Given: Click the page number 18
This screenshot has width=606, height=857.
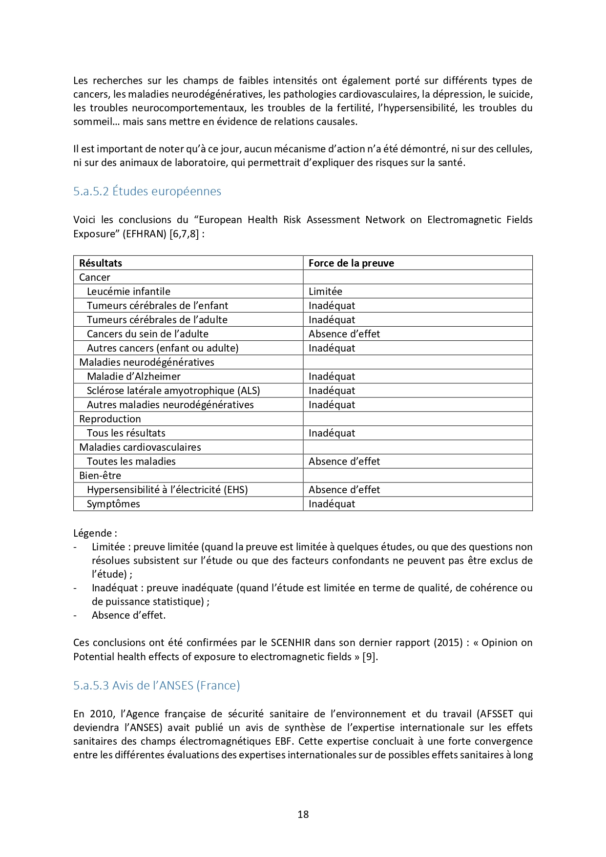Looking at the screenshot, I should (303, 814).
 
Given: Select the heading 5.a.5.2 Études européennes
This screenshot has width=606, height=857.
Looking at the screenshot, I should (147, 191).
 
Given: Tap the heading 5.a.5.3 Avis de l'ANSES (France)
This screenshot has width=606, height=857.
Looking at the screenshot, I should (156, 685).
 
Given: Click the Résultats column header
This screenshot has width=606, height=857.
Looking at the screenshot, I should (101, 263).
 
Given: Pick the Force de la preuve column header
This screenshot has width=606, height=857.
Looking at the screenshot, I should (351, 263).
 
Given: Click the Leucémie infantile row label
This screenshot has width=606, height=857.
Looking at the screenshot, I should (128, 291).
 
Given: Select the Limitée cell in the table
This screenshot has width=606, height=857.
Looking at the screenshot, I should (325, 291).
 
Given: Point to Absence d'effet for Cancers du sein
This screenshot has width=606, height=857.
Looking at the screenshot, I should (344, 334).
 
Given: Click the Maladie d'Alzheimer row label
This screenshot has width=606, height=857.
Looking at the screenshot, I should (133, 376).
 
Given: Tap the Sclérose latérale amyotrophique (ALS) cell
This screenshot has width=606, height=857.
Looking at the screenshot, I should (173, 390).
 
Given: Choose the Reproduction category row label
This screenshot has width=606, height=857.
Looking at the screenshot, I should (110, 418).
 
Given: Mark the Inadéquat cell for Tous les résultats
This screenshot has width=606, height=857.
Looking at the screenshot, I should (332, 433).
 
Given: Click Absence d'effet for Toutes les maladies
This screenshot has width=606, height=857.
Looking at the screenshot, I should (344, 461).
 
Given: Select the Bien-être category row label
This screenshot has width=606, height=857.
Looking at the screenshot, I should (100, 475).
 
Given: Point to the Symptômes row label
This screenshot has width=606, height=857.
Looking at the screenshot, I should (113, 503).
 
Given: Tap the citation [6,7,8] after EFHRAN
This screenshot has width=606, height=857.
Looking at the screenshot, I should (184, 234).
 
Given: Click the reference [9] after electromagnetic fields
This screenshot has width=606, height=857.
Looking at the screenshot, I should (369, 656).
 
